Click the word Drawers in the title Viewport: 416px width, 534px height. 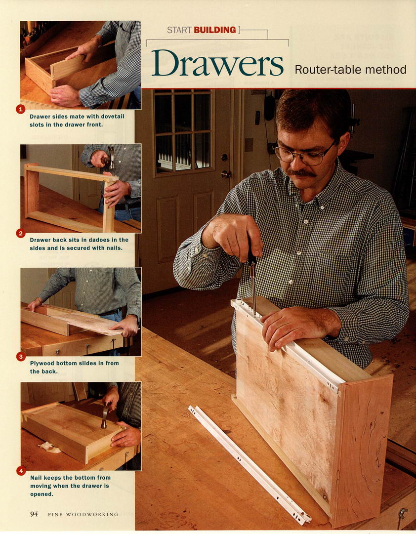[217, 63]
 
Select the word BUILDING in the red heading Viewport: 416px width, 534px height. [215, 30]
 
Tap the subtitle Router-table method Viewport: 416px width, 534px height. [351, 70]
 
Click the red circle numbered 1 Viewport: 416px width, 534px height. [20, 109]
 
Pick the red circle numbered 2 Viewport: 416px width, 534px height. [20, 233]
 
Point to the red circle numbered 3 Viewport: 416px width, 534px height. [20, 357]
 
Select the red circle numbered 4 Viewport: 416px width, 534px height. [21, 471]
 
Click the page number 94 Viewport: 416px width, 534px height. [34, 514]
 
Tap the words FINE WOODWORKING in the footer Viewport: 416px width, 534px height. [83, 514]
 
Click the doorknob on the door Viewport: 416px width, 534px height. [226, 174]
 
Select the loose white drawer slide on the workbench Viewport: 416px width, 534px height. [250, 464]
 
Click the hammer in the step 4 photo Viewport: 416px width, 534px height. [106, 415]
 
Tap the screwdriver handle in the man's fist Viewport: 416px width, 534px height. [251, 256]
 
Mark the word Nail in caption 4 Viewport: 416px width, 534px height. [36, 478]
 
